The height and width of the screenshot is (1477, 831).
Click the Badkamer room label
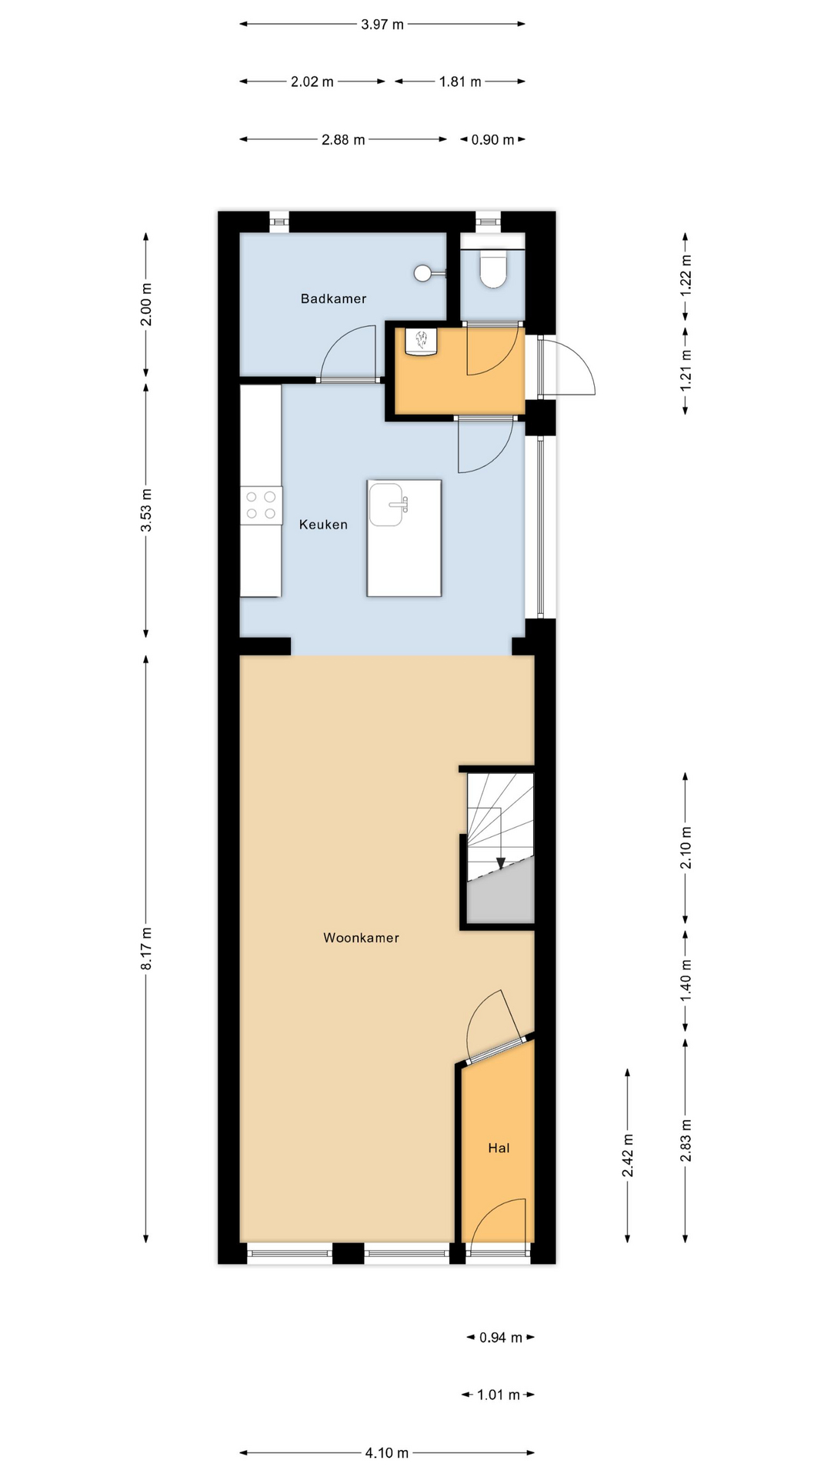coord(333,298)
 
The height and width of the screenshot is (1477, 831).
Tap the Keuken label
coord(323,525)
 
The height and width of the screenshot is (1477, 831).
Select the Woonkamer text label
coord(361,938)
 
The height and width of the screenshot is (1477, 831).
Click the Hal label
coord(499,1148)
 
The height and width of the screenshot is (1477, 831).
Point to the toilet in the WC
coord(493,268)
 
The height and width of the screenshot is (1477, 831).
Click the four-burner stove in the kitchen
coord(261,505)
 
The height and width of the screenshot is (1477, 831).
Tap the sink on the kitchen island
coord(387,505)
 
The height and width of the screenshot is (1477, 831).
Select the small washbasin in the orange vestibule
coord(421,342)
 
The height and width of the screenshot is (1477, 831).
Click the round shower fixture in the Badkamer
coord(422,272)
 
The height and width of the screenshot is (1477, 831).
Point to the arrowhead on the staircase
coord(500,863)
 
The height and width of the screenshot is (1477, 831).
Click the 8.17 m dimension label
coord(146,949)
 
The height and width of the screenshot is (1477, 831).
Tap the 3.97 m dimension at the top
coord(382,24)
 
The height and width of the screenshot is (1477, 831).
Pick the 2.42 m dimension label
coord(628,1155)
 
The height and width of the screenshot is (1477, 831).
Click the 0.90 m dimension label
coord(492,139)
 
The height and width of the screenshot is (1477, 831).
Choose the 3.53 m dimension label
coord(146,510)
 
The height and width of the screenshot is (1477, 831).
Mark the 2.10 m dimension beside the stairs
coord(686,848)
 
